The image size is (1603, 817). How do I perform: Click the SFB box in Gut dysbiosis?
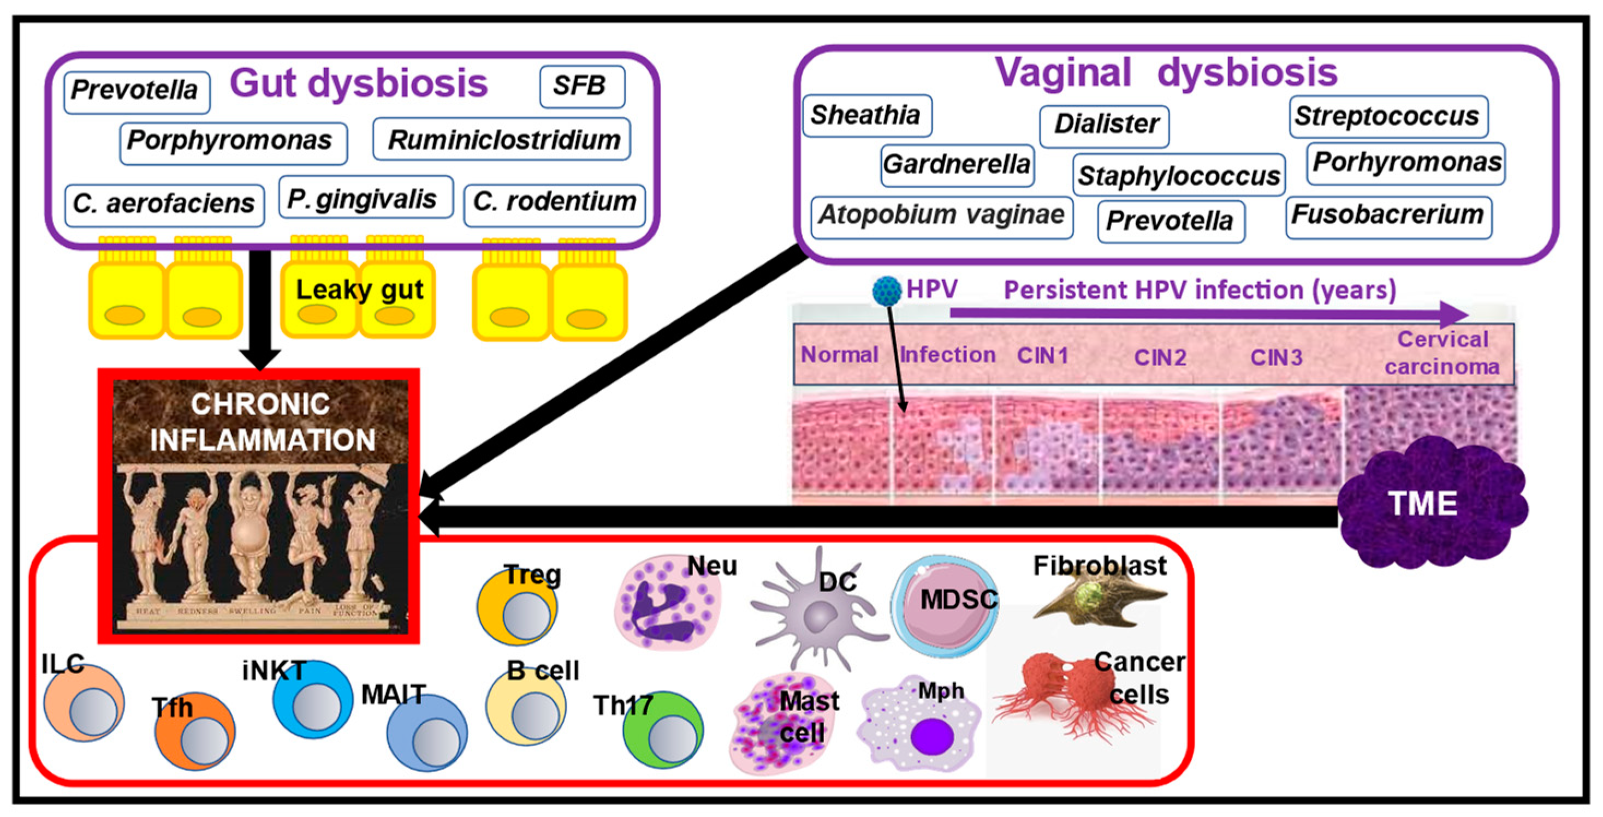(581, 86)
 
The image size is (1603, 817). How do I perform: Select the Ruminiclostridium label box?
(502, 139)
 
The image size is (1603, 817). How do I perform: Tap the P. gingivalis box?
(365, 198)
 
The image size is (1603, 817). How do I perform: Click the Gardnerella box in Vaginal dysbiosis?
(957, 165)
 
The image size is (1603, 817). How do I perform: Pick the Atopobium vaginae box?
(941, 215)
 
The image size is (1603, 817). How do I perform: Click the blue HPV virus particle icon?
(886, 290)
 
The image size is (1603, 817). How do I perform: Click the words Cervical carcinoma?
(1442, 353)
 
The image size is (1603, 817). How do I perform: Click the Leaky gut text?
(359, 290)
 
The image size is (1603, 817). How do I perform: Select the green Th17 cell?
(663, 731)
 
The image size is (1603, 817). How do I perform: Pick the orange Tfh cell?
(195, 733)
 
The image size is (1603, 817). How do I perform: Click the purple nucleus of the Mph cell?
(931, 736)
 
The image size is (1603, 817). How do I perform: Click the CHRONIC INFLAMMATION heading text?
(262, 422)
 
